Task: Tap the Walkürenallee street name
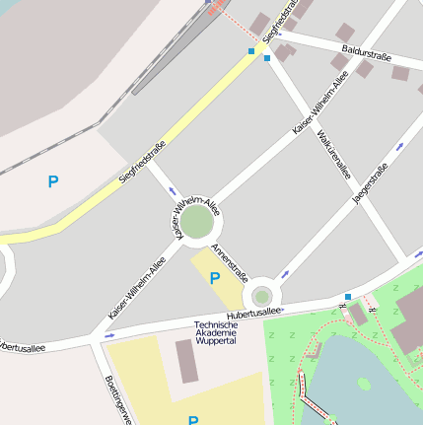coord(333,156)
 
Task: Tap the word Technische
coord(216,325)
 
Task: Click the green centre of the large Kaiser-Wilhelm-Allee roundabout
coord(197,222)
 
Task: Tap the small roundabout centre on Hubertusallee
coord(261,296)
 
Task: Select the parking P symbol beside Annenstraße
coord(214,278)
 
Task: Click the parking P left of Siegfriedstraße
coord(53,181)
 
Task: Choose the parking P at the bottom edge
coord(193,420)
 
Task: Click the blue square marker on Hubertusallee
coord(348,296)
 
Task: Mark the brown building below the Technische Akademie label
coord(186,361)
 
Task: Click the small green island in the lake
coord(362,385)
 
